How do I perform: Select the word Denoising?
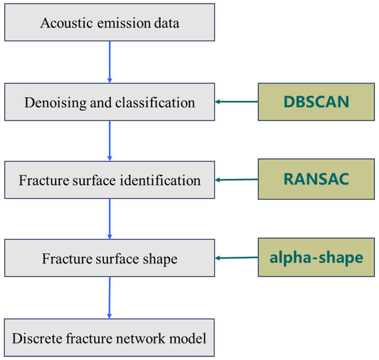(55, 103)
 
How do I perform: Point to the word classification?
(155, 103)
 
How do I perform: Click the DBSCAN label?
(316, 102)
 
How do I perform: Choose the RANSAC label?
(316, 179)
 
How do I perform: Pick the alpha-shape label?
(316, 258)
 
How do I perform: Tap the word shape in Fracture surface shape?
(160, 259)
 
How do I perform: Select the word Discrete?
(37, 338)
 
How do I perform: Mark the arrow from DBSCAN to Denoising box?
(236, 102)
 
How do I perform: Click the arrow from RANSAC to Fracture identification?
(236, 180)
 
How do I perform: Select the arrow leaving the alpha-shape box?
(236, 258)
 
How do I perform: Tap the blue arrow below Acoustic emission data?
(110, 62)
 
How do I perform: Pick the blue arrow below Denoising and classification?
(110, 140)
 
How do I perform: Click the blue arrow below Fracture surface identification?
(110, 219)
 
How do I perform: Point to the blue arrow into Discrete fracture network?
(110, 297)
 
